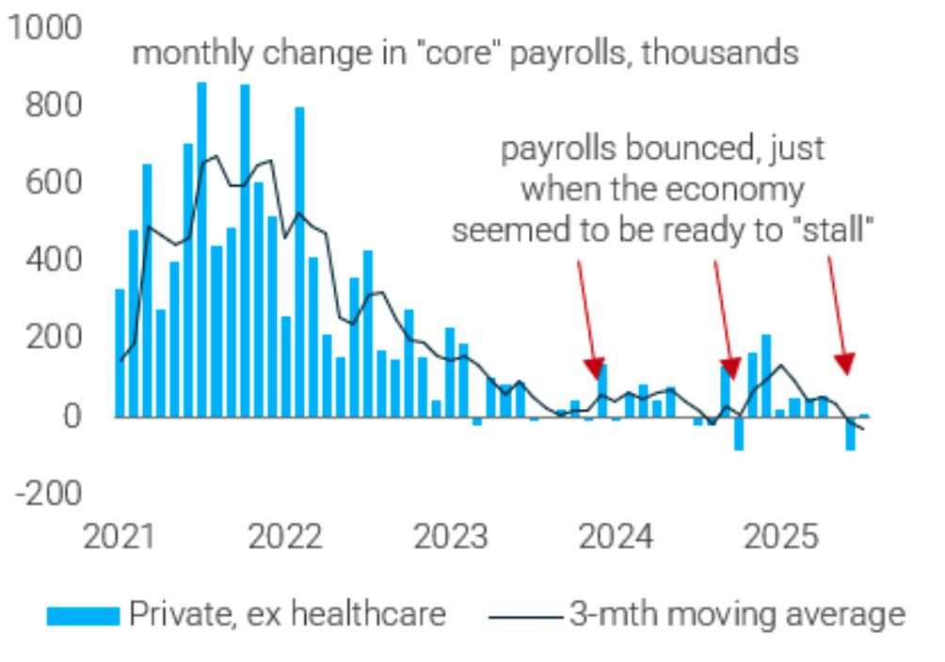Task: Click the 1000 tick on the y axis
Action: pos(45,28)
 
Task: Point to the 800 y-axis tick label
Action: pos(55,105)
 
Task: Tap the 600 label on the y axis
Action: pos(55,182)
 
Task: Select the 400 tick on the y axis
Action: pos(55,260)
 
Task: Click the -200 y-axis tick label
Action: pos(49,493)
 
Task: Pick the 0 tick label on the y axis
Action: pos(72,416)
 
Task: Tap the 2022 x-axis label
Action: pos(284,538)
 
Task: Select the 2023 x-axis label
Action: pos(450,538)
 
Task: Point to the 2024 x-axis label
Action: pos(616,538)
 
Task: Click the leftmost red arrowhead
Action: pos(594,368)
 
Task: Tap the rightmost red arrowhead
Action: pos(845,363)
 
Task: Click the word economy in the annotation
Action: pos(749,189)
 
